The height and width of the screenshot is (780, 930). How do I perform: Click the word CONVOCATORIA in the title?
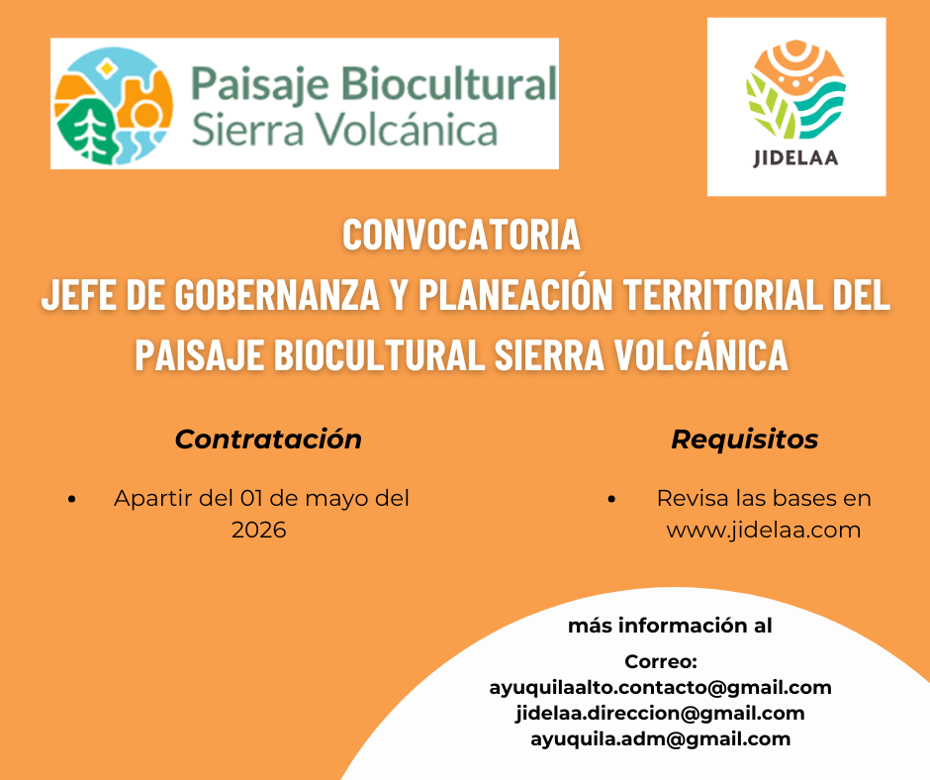pos(460,236)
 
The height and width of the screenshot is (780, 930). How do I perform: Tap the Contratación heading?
pos(268,439)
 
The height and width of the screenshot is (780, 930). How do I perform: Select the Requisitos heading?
pos(745,439)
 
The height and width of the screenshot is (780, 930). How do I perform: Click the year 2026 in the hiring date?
pos(259,530)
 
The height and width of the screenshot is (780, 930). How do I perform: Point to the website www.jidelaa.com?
pos(764,530)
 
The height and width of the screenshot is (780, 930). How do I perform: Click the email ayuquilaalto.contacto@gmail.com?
pos(660,687)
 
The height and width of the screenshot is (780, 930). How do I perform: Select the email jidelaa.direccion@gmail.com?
pos(660,713)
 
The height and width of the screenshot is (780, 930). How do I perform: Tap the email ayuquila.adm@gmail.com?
pos(660,738)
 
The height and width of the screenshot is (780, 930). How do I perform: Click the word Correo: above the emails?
pos(661,661)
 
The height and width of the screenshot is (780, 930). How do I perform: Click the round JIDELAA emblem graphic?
pos(795,91)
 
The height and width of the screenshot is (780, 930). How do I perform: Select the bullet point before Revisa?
pos(613,499)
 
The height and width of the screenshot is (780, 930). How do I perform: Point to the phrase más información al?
pos(670,626)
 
